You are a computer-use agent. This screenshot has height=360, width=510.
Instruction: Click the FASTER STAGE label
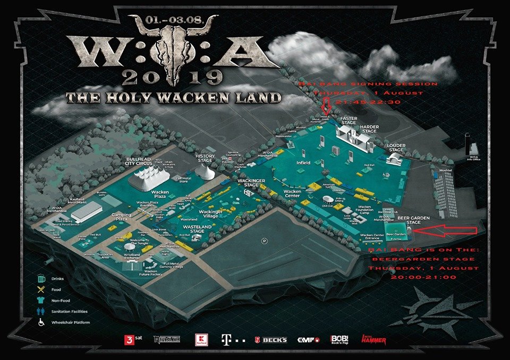coord(348,120)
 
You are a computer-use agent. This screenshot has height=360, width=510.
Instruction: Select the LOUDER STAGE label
coord(396,147)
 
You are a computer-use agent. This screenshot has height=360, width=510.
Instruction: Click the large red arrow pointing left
coord(446,229)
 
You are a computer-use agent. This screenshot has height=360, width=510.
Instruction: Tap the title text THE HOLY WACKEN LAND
coord(173,97)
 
